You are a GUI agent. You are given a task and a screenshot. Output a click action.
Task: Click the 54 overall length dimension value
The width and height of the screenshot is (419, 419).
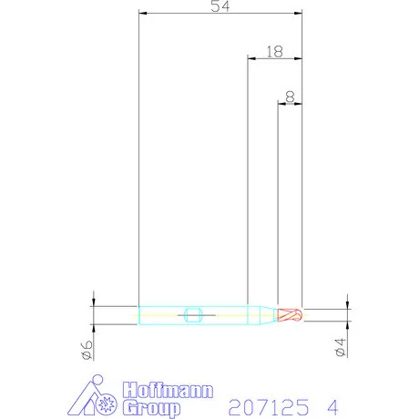point(220,6)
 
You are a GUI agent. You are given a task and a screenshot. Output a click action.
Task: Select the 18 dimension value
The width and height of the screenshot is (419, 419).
point(275,52)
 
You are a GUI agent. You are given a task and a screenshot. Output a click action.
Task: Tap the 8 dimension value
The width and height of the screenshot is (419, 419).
point(290,97)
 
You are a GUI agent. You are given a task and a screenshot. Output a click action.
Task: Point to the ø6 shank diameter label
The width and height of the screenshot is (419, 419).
point(87,350)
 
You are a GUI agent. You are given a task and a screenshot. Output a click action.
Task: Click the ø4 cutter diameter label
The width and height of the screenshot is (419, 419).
point(340,347)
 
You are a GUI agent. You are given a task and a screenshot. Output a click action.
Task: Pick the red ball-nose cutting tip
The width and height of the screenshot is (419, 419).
point(290,315)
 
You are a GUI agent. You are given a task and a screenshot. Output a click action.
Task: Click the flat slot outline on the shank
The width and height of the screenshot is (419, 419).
point(193,315)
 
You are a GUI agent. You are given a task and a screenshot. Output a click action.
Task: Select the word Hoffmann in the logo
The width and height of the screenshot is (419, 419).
point(168,390)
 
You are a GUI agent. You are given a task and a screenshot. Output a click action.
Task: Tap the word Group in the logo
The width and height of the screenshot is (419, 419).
point(151,408)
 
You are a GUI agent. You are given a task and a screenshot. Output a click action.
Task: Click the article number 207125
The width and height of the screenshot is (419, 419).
point(269,407)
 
